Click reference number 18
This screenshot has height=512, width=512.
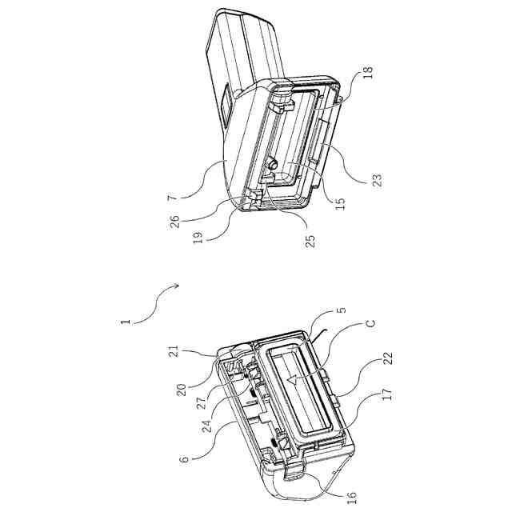(x=368, y=73)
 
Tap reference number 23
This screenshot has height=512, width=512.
(x=377, y=180)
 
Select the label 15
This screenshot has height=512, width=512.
(x=340, y=204)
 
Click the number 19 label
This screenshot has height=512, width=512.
(x=198, y=238)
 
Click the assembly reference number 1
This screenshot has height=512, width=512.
(x=126, y=322)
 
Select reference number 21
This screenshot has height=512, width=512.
(x=174, y=352)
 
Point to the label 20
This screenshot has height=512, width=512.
(x=182, y=390)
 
